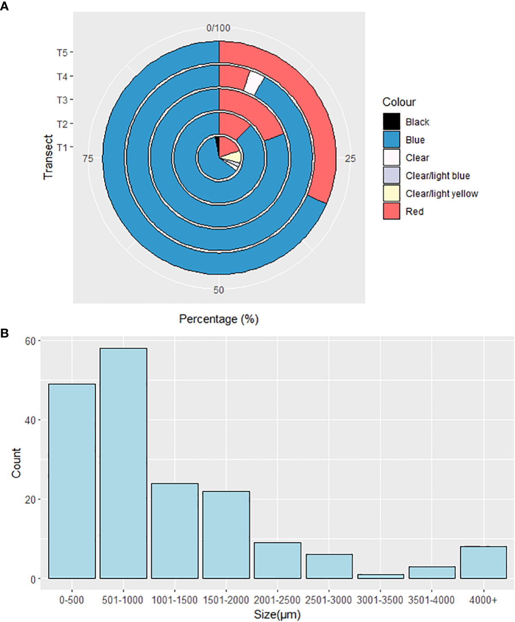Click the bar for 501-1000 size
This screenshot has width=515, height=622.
(123, 463)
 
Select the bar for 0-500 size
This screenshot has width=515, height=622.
(72, 481)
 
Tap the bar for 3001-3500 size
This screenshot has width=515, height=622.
(381, 576)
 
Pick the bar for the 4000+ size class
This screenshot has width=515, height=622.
(483, 562)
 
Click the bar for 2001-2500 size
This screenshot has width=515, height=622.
(277, 560)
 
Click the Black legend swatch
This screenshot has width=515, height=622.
(391, 122)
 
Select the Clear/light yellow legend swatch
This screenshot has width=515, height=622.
(391, 193)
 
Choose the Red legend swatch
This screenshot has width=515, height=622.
(391, 211)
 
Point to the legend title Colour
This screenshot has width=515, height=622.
(399, 102)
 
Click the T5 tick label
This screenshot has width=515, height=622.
(62, 53)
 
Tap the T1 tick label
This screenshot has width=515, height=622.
(62, 148)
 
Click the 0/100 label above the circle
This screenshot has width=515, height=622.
(218, 28)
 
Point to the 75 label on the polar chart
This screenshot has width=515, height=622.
(88, 159)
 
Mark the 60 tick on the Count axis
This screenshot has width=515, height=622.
(30, 341)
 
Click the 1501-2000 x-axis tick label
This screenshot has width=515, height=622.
(226, 600)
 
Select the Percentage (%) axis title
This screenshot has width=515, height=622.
(219, 319)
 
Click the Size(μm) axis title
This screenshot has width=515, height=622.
(277, 615)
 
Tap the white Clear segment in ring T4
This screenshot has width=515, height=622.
(254, 83)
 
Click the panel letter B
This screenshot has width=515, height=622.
(5, 333)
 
